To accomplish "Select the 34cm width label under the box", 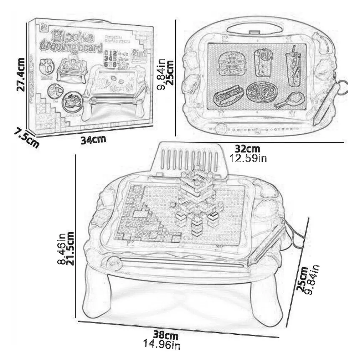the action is (93, 139).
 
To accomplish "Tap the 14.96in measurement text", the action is (164, 345).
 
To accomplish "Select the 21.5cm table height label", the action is (70, 249).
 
